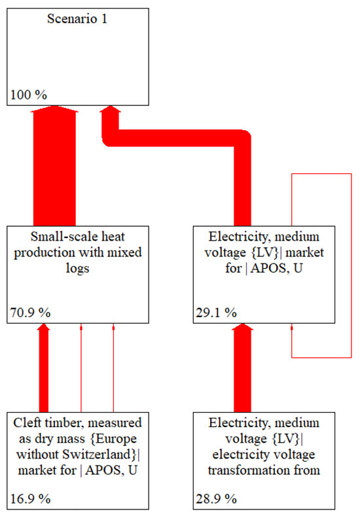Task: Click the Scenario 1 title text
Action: coord(77,19)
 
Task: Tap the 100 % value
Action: coord(29,95)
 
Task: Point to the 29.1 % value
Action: coord(216,313)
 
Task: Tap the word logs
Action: coord(77,266)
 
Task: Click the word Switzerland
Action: coord(98,453)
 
